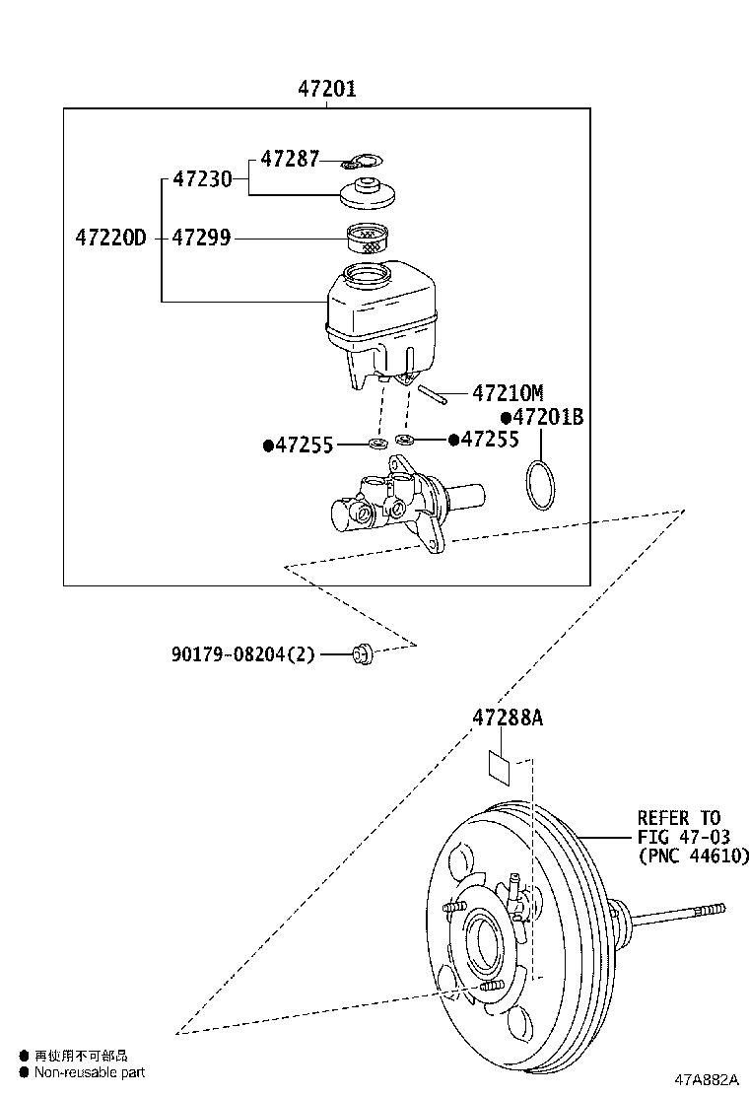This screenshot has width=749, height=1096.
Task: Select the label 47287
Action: [290, 159]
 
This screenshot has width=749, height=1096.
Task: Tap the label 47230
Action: [202, 179]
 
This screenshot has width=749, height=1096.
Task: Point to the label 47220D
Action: [110, 238]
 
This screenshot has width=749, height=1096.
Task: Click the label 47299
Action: [202, 238]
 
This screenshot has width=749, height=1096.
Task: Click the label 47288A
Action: [507, 718]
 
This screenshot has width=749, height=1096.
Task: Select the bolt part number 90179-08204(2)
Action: [241, 652]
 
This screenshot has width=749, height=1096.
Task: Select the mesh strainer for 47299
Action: [371, 238]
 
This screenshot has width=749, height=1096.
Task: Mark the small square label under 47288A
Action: [500, 768]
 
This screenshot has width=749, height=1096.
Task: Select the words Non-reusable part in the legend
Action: [90, 1072]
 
